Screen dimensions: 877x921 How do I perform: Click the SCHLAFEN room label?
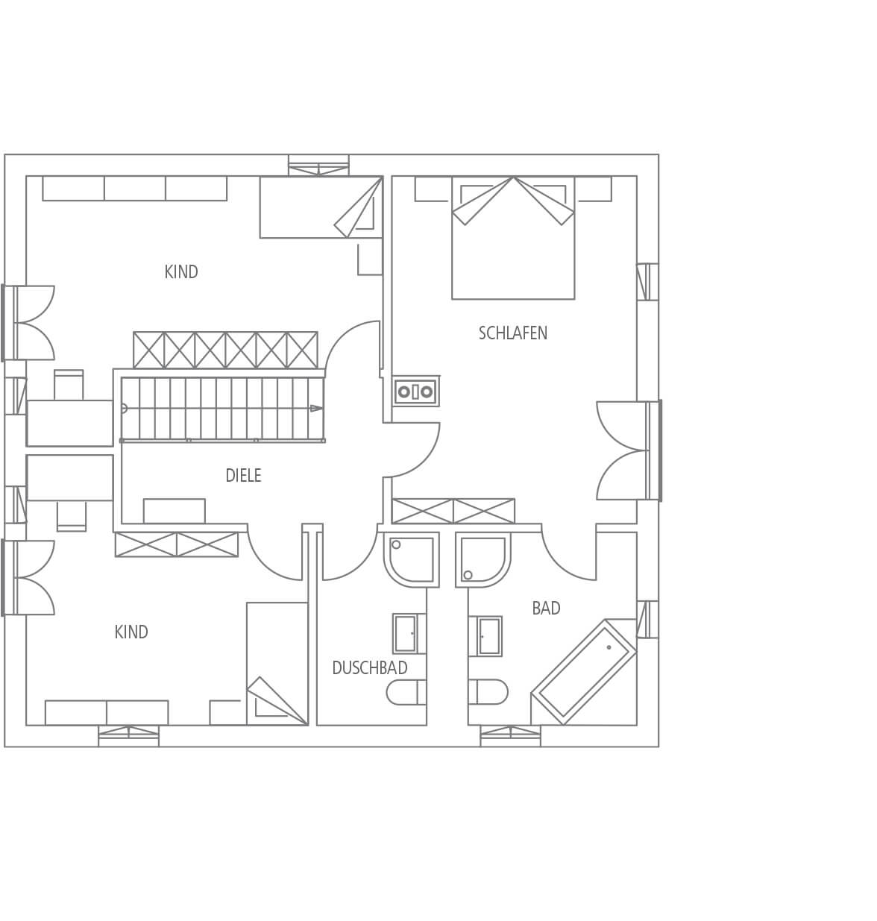click(x=512, y=333)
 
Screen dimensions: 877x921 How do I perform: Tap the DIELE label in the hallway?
click(x=243, y=476)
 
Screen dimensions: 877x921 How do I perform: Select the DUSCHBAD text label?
click(x=370, y=668)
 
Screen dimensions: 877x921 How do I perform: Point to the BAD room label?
click(x=546, y=608)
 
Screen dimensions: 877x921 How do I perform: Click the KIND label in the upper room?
click(x=180, y=271)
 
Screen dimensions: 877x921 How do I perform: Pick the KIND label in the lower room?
click(x=131, y=632)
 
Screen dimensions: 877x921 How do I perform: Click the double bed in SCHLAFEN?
click(x=513, y=237)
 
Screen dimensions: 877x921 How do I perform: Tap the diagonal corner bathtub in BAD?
click(x=584, y=672)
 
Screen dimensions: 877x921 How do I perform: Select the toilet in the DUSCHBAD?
click(x=406, y=692)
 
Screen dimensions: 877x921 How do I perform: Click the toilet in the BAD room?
click(x=488, y=692)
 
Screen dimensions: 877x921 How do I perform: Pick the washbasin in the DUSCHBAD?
click(x=409, y=634)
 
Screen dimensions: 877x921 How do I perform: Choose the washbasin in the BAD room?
click(x=485, y=636)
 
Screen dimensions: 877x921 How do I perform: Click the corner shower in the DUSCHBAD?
click(x=412, y=559)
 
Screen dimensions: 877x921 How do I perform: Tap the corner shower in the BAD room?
click(x=483, y=559)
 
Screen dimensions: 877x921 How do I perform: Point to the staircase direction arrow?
click(x=317, y=409)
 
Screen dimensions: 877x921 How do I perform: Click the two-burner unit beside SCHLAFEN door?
click(x=415, y=392)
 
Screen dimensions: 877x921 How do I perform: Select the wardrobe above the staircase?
click(x=225, y=350)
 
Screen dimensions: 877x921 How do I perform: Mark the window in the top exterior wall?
click(x=318, y=166)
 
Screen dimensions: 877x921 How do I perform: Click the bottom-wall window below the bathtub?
click(x=511, y=736)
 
